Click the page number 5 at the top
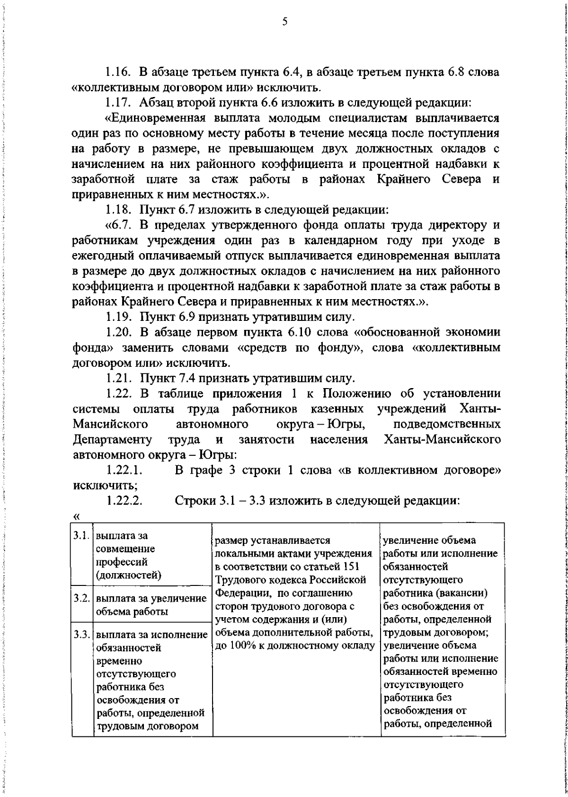[x=284, y=21]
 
